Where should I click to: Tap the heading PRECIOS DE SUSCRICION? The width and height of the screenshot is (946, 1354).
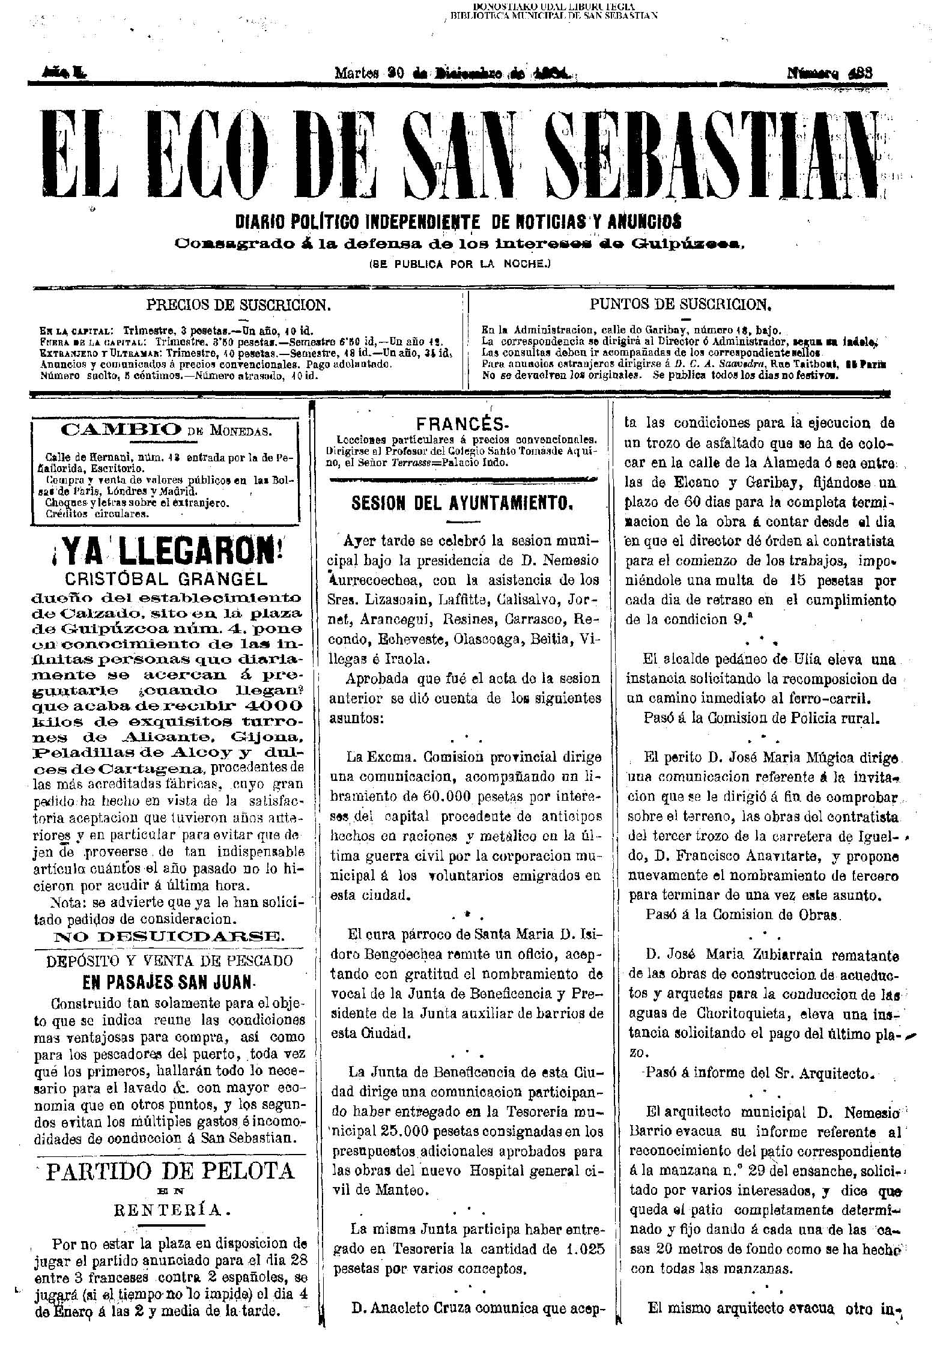[238, 305]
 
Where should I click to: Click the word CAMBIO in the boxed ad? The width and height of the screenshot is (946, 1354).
[121, 430]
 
